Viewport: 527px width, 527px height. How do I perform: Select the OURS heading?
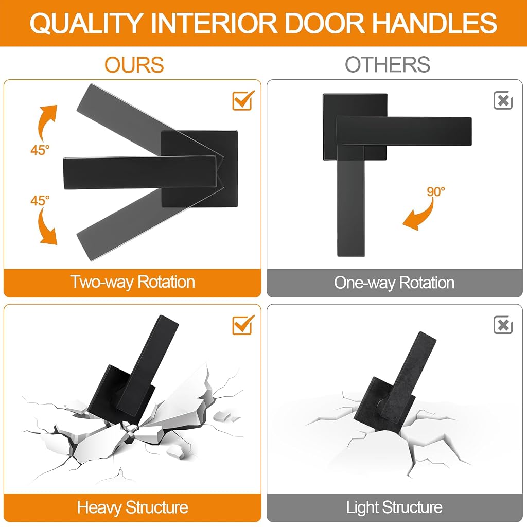pyautogui.click(x=134, y=64)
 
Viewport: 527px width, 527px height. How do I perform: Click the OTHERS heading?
pyautogui.click(x=388, y=64)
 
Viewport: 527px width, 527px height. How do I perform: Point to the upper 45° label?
pyautogui.click(x=40, y=150)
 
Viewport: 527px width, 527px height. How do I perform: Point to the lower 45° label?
pyautogui.click(x=40, y=200)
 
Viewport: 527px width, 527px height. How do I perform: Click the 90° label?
pyautogui.click(x=436, y=191)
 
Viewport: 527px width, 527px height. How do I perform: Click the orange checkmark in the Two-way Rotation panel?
pyautogui.click(x=243, y=100)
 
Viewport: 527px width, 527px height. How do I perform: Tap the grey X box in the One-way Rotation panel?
pyautogui.click(x=503, y=100)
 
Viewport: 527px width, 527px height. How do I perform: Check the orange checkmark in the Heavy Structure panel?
pyautogui.click(x=243, y=325)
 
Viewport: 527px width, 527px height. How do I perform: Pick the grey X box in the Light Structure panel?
pyautogui.click(x=503, y=325)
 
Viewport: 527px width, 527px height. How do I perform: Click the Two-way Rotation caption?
pyautogui.click(x=132, y=282)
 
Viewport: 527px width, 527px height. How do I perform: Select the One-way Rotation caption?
pyautogui.click(x=394, y=283)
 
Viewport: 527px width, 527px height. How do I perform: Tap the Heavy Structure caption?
pyautogui.click(x=132, y=507)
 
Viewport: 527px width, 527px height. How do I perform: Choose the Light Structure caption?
pyautogui.click(x=394, y=507)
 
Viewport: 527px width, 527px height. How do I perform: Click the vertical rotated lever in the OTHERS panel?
pyautogui.click(x=350, y=202)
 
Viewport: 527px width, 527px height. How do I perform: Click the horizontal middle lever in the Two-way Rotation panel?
pyautogui.click(x=140, y=172)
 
